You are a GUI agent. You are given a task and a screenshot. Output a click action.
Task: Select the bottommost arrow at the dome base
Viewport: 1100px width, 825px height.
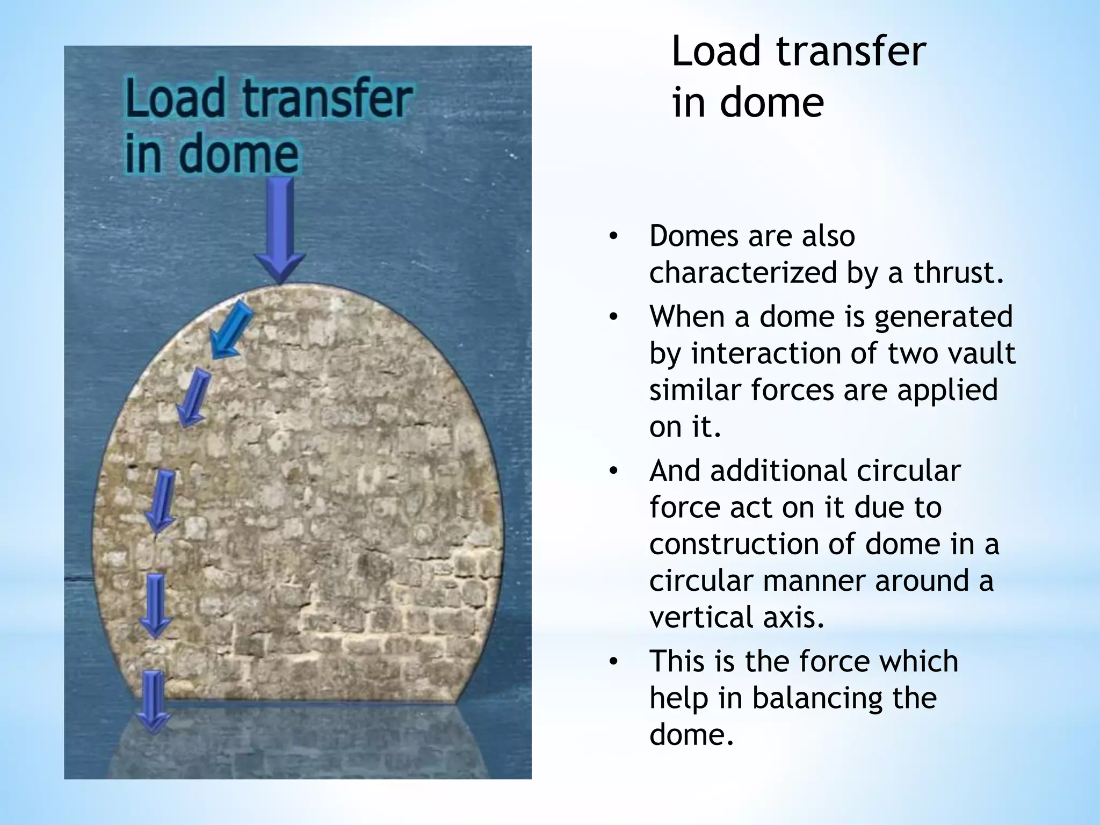tap(153, 701)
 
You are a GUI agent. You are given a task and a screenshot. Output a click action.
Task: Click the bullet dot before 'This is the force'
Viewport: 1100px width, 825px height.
tap(613, 662)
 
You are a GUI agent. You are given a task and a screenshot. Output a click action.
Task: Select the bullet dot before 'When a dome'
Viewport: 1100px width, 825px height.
tap(613, 317)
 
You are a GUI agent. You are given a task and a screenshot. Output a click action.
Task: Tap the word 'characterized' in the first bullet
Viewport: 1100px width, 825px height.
tap(743, 272)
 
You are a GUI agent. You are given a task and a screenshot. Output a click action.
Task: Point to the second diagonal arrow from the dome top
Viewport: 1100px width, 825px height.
tap(193, 396)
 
